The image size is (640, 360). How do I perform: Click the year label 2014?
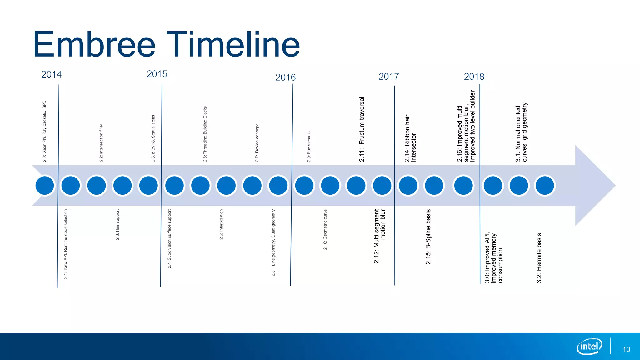(x=52, y=74)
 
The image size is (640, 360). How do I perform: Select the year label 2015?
(x=157, y=74)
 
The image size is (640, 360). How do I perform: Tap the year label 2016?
(x=285, y=77)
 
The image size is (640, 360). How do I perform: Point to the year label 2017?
(x=389, y=77)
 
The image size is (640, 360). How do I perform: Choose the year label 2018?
(x=474, y=77)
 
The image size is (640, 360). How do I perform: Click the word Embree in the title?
(x=94, y=44)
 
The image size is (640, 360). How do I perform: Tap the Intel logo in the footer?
(x=589, y=346)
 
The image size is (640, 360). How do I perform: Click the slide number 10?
(x=626, y=349)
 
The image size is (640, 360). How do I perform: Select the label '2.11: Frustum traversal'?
(x=362, y=129)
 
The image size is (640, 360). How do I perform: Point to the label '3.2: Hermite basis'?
(x=539, y=258)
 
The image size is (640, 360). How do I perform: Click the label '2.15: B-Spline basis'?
(x=428, y=237)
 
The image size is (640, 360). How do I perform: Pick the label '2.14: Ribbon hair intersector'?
(x=410, y=138)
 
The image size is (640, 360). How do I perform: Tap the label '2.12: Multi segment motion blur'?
(x=380, y=236)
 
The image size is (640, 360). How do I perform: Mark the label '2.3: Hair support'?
(x=117, y=225)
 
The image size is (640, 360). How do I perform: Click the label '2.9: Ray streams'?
(x=309, y=147)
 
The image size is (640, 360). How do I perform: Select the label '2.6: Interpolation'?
(x=221, y=225)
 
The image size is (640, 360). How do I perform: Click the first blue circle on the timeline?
(x=45, y=186)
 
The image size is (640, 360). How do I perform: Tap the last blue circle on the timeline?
(x=545, y=186)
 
